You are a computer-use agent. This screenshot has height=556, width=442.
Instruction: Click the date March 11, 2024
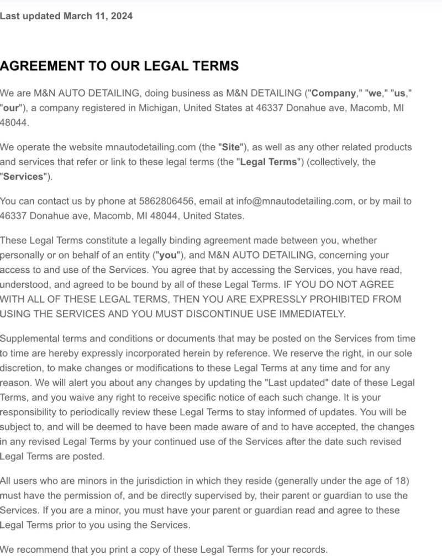tap(98, 16)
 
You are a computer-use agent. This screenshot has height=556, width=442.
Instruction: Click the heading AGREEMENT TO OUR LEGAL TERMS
tap(119, 66)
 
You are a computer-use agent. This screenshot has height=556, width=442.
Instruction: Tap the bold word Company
tap(334, 93)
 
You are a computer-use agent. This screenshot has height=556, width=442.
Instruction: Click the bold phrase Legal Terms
tap(269, 162)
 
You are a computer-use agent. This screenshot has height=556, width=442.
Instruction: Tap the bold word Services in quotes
tap(23, 177)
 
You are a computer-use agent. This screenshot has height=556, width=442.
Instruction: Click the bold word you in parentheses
tap(168, 256)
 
